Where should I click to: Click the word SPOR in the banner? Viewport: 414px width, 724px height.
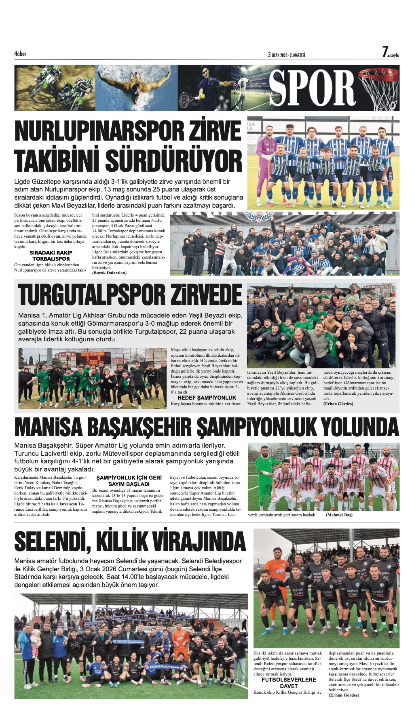pyautogui.click(x=312, y=88)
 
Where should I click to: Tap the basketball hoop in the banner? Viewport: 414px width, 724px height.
pyautogui.click(x=380, y=88)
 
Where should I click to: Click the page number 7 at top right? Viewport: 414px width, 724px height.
pyautogui.click(x=385, y=52)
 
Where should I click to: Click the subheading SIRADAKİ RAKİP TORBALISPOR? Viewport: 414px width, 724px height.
pyautogui.click(x=51, y=256)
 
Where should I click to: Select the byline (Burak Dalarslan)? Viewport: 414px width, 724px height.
pyautogui.click(x=109, y=273)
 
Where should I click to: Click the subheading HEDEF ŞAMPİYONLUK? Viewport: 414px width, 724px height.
pyautogui.click(x=207, y=398)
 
